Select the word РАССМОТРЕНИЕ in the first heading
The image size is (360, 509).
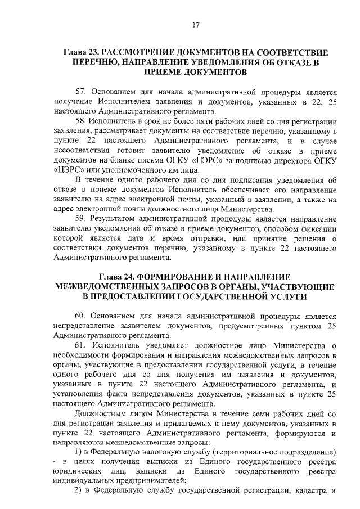pos(146,52)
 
